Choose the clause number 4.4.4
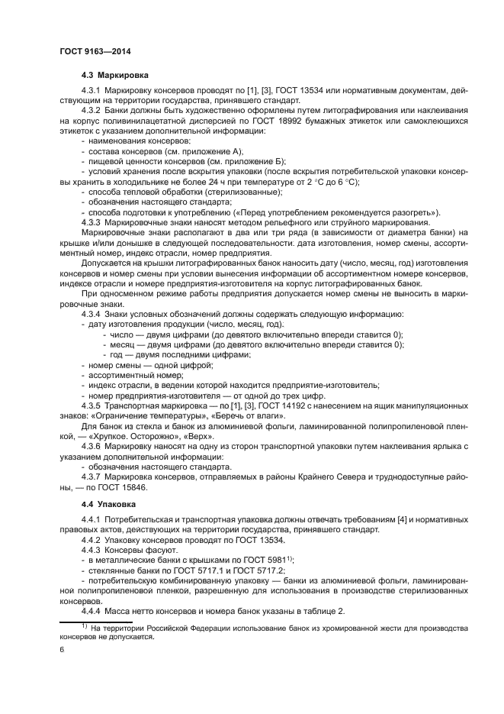93,612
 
